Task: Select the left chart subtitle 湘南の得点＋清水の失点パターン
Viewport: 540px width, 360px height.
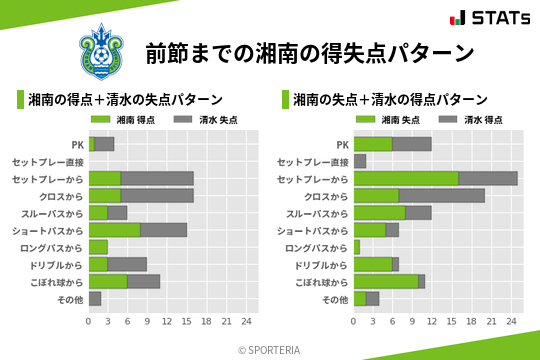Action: tap(125, 100)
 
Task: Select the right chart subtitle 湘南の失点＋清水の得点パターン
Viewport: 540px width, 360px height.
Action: tap(391, 100)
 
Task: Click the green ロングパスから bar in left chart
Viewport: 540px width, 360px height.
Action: tap(97, 247)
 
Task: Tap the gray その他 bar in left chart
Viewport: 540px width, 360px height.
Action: tap(95, 298)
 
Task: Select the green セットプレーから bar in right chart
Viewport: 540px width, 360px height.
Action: tap(406, 178)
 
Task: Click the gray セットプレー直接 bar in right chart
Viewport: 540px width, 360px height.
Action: tap(360, 161)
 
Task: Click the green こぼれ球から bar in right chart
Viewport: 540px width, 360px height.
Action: tap(386, 281)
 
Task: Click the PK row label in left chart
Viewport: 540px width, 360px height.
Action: tap(77, 144)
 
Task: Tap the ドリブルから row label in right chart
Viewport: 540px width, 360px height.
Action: tap(320, 264)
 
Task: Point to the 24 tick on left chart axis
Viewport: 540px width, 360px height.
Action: tap(246, 320)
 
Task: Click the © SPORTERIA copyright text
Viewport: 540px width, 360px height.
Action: tap(270, 349)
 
